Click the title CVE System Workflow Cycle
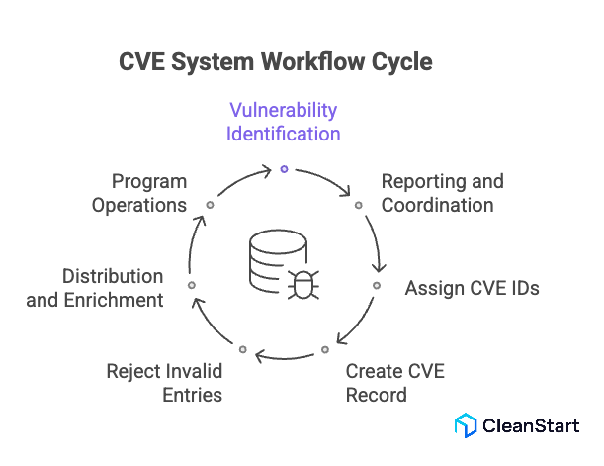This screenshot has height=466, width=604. point(275,61)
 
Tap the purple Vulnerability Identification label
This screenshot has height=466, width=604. point(284,121)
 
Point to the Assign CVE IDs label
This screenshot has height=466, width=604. point(472,288)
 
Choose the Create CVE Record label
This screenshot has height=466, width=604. point(394,383)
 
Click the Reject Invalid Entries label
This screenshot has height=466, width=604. point(164,383)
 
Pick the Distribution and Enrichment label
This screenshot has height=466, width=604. point(94,288)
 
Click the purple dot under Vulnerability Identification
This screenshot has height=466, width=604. point(284,169)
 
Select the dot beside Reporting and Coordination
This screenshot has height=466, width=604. point(358,205)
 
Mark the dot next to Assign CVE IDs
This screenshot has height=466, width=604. point(376,285)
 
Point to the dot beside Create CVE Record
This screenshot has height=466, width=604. point(324,349)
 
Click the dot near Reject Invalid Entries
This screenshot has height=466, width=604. point(242,349)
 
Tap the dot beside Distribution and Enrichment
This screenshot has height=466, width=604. point(192,285)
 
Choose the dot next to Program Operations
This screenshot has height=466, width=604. point(210,205)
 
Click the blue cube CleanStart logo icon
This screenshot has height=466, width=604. point(466,425)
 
